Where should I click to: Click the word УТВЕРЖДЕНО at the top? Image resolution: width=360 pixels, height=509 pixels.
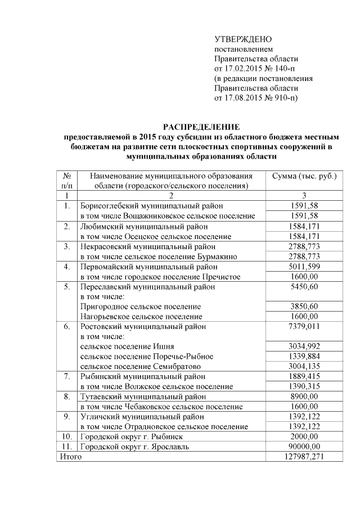click(243, 39)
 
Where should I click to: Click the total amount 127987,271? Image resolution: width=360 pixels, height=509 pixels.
click(304, 457)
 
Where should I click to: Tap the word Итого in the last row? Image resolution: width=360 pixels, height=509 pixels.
click(70, 457)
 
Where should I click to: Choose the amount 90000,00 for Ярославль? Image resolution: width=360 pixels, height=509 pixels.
click(304, 447)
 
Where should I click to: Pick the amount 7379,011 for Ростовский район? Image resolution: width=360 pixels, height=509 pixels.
click(304, 326)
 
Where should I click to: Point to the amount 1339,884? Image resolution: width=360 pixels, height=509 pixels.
click(304, 357)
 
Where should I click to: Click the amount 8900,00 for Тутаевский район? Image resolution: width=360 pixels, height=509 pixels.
click(304, 397)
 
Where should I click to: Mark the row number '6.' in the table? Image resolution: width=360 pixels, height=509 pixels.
click(66, 326)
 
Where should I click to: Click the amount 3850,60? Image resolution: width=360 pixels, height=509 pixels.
click(304, 307)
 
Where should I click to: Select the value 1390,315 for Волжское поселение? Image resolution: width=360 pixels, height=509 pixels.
click(304, 386)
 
